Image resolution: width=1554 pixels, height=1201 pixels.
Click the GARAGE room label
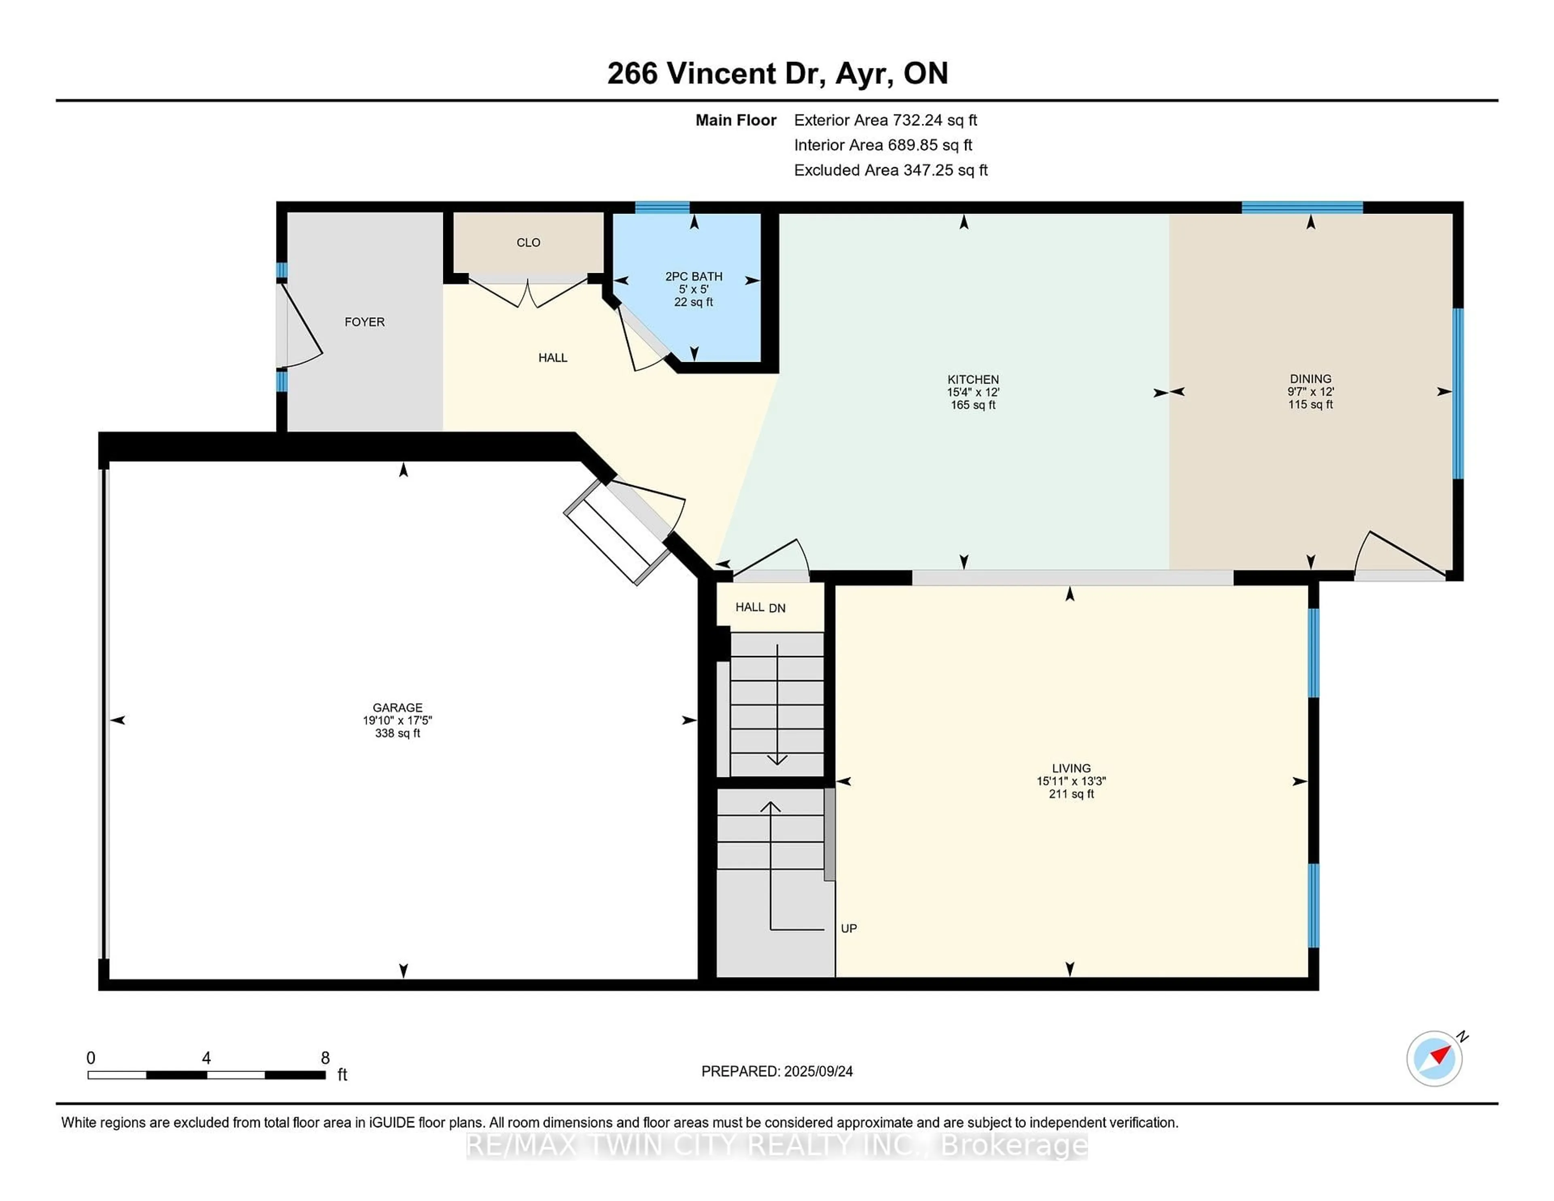pos(398,707)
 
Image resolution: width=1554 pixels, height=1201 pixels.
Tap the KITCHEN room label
pos(973,379)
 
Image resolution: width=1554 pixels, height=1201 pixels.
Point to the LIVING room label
pos(1071,768)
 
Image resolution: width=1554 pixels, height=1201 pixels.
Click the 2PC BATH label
pos(694,276)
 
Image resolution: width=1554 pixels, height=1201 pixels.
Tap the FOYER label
pos(364,322)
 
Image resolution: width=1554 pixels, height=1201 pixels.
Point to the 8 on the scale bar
pos(325,1058)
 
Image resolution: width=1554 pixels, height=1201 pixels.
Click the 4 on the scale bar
pos(206,1058)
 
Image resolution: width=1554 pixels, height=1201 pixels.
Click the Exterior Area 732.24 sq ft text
pos(886,120)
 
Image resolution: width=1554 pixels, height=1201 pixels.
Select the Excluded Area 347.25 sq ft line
pos(891,170)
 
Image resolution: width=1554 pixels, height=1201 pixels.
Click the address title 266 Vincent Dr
pos(717,73)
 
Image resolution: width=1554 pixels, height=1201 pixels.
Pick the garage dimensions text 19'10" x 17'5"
pos(398,720)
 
